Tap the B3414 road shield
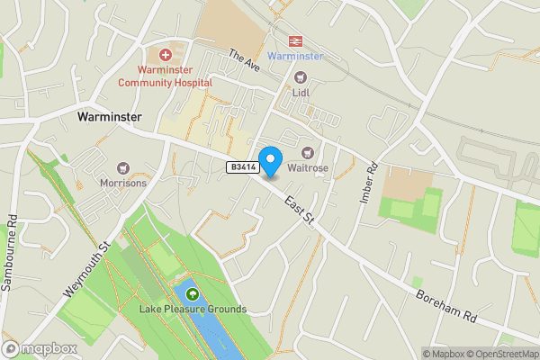pyautogui.click(x=243, y=166)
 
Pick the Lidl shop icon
pyautogui.click(x=301, y=76)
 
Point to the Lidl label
pyautogui.click(x=301, y=91)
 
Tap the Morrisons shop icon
pyautogui.click(x=124, y=167)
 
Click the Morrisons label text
pyautogui.click(x=124, y=183)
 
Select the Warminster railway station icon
pyautogui.click(x=294, y=40)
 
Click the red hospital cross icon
pyautogui.click(x=165, y=54)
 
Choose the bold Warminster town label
pyautogui.click(x=110, y=117)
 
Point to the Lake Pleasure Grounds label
pyautogui.click(x=193, y=309)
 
